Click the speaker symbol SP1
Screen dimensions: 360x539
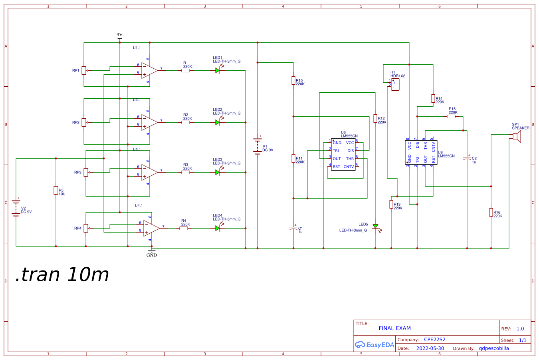(516, 137)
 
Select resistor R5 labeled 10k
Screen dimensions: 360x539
(56, 191)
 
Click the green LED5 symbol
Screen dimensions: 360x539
(375, 227)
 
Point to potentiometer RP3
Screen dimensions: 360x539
(86, 173)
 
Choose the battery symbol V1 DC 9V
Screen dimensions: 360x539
(258, 146)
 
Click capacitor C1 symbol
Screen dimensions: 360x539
(293, 229)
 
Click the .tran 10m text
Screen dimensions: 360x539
(62, 274)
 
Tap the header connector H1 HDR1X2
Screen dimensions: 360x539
(395, 84)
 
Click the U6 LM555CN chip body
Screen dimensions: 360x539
(343, 154)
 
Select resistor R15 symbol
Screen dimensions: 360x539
(451, 117)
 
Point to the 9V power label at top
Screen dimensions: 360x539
(119, 35)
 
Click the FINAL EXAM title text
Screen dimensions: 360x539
(394, 328)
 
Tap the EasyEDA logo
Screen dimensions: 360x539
(374, 345)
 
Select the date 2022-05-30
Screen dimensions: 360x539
(430, 348)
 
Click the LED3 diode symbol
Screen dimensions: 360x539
(218, 172)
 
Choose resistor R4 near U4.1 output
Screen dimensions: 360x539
(184, 228)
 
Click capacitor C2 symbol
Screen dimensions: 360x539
(467, 159)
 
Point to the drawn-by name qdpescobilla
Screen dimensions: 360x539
(494, 348)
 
